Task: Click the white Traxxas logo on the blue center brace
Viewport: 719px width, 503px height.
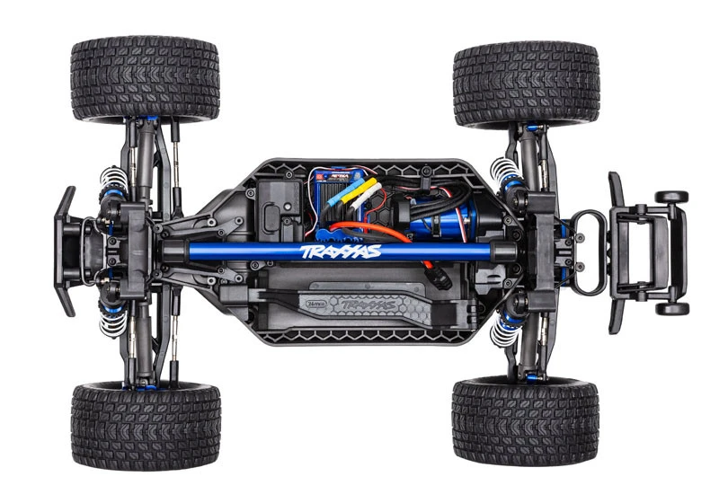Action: pyautogui.click(x=342, y=251)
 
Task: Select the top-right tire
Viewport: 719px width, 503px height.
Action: pyautogui.click(x=526, y=83)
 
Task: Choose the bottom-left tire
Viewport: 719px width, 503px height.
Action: pyautogui.click(x=145, y=424)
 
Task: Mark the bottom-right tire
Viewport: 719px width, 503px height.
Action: pyautogui.click(x=526, y=420)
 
